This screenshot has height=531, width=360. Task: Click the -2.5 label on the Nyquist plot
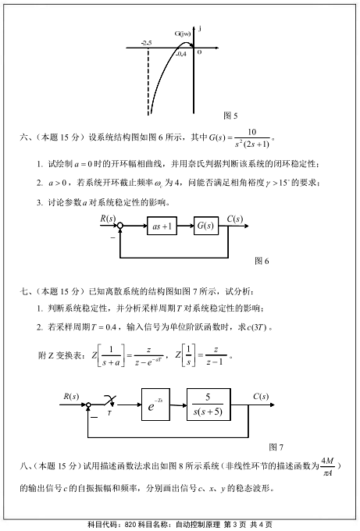coord(147,43)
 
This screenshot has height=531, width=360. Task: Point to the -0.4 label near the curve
coord(181,54)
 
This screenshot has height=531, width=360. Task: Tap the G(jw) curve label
coord(183,33)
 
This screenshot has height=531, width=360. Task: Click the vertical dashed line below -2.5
coord(148,82)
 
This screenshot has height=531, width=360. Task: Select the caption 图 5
coord(230,116)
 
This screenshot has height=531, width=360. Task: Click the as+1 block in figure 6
coord(162,226)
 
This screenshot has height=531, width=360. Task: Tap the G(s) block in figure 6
coord(206,226)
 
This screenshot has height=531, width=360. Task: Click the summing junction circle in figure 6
coord(120,226)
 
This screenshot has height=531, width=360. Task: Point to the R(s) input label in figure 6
coord(108,219)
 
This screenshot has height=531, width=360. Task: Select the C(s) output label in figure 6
coord(235,219)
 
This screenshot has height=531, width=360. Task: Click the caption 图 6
coord(262,261)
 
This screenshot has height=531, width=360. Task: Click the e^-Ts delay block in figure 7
coord(155,404)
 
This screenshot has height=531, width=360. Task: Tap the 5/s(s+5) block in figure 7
coord(209,404)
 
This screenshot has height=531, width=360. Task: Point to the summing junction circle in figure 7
coord(88,404)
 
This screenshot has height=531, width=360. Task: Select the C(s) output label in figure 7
coord(261,397)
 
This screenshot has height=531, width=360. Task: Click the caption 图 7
coord(276,447)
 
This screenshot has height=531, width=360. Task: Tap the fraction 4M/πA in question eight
coord(327,467)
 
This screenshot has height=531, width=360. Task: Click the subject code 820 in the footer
coord(130,525)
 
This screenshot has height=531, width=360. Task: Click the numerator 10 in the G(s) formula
coord(252,132)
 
